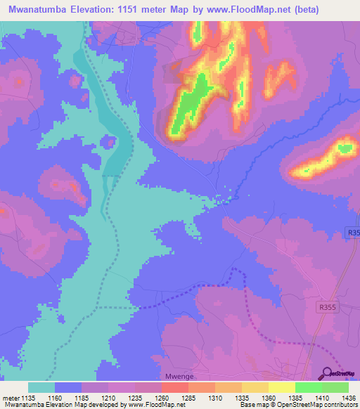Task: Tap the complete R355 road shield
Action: pos(327,306)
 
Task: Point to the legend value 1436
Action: pos(340,398)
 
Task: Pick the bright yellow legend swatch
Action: pos(281,387)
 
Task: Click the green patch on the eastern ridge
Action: pos(345,148)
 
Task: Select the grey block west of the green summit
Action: pos(173,72)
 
